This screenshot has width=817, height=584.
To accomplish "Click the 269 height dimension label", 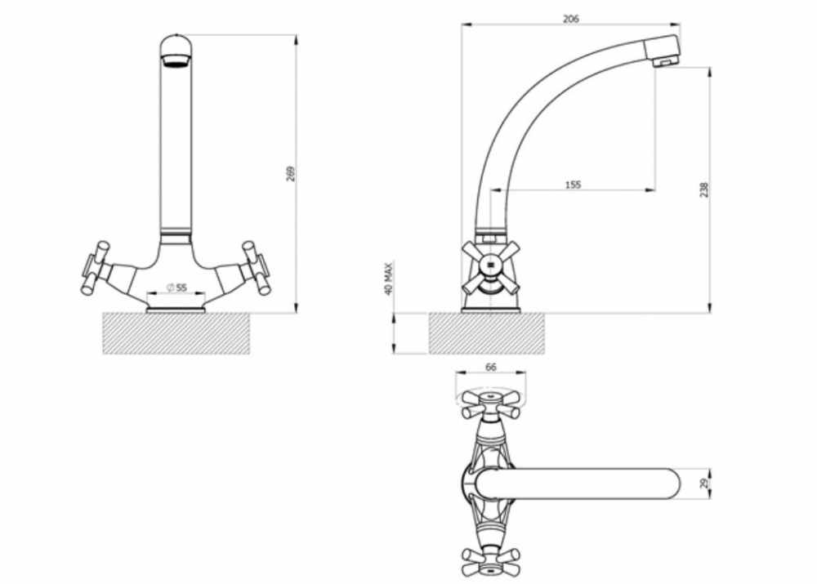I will coord(291,173).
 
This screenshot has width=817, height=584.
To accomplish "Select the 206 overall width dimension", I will coord(571,19).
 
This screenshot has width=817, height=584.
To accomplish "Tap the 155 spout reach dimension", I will coord(572,185).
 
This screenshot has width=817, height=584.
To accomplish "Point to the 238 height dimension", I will coord(703,189).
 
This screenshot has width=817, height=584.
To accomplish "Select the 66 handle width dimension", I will coord(490,368).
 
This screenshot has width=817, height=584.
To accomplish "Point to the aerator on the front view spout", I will coord(176,59).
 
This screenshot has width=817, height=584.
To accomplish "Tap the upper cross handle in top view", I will coord(489,402).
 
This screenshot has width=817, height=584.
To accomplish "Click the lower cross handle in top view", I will coord(489,561).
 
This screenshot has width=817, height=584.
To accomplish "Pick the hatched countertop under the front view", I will coord(176,333).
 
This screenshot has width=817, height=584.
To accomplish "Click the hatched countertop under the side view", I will coord(487,333).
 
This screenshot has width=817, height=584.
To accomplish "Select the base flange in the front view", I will coord(176,308).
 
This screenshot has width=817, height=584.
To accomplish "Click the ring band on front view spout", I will coord(176,233).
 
